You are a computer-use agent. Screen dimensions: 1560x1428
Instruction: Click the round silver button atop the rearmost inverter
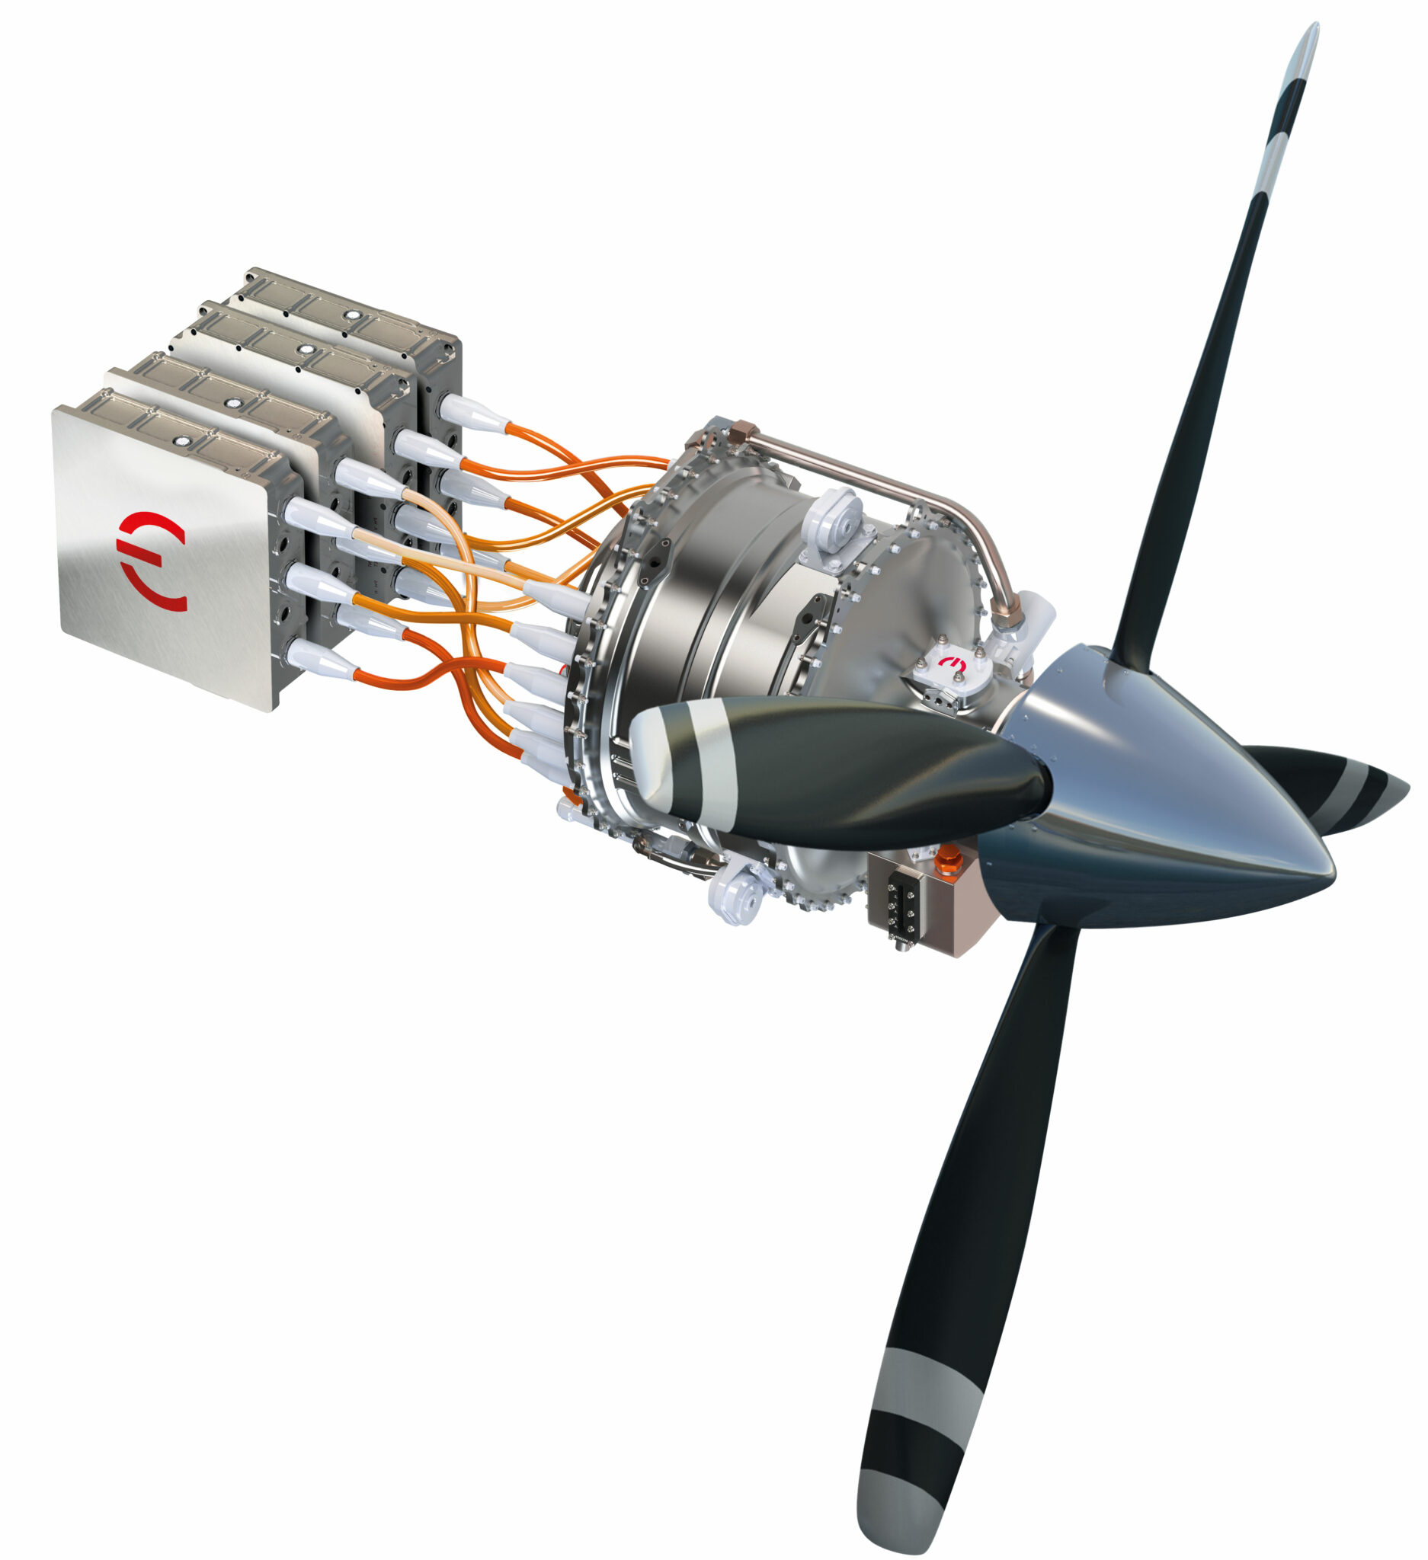tap(353, 315)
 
